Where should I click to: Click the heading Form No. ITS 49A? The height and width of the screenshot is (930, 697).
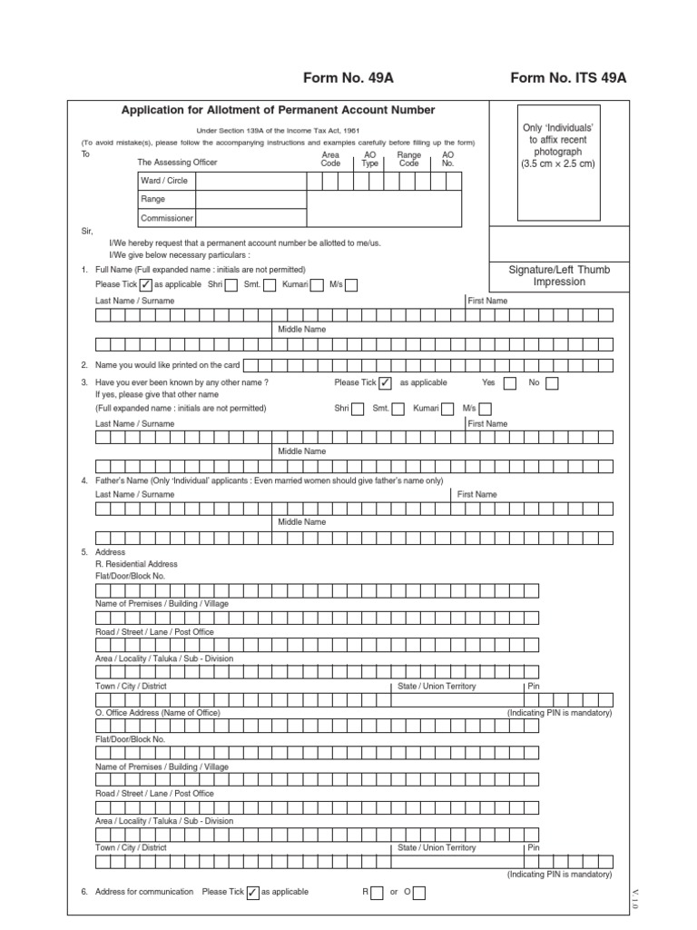click(568, 77)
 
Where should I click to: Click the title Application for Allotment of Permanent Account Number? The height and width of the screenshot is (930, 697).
click(279, 110)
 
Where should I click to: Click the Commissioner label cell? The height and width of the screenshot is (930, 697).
click(166, 218)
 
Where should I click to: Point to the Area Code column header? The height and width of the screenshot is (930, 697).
click(330, 159)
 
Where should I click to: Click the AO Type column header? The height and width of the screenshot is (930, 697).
click(369, 159)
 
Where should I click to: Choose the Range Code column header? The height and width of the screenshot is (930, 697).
click(409, 159)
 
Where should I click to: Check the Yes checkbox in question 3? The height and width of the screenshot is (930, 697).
click(510, 383)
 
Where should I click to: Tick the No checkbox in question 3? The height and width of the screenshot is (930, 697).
click(552, 383)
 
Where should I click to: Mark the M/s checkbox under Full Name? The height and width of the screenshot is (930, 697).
click(351, 285)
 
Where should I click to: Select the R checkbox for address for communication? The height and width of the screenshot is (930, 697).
click(378, 893)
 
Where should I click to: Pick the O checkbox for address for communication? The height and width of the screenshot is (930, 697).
click(419, 893)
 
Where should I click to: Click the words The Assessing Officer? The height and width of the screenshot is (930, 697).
click(177, 162)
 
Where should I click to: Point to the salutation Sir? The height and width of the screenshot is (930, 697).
click(88, 231)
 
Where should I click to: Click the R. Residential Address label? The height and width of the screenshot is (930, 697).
click(136, 564)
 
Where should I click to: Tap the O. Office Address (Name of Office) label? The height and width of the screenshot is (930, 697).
click(158, 713)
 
